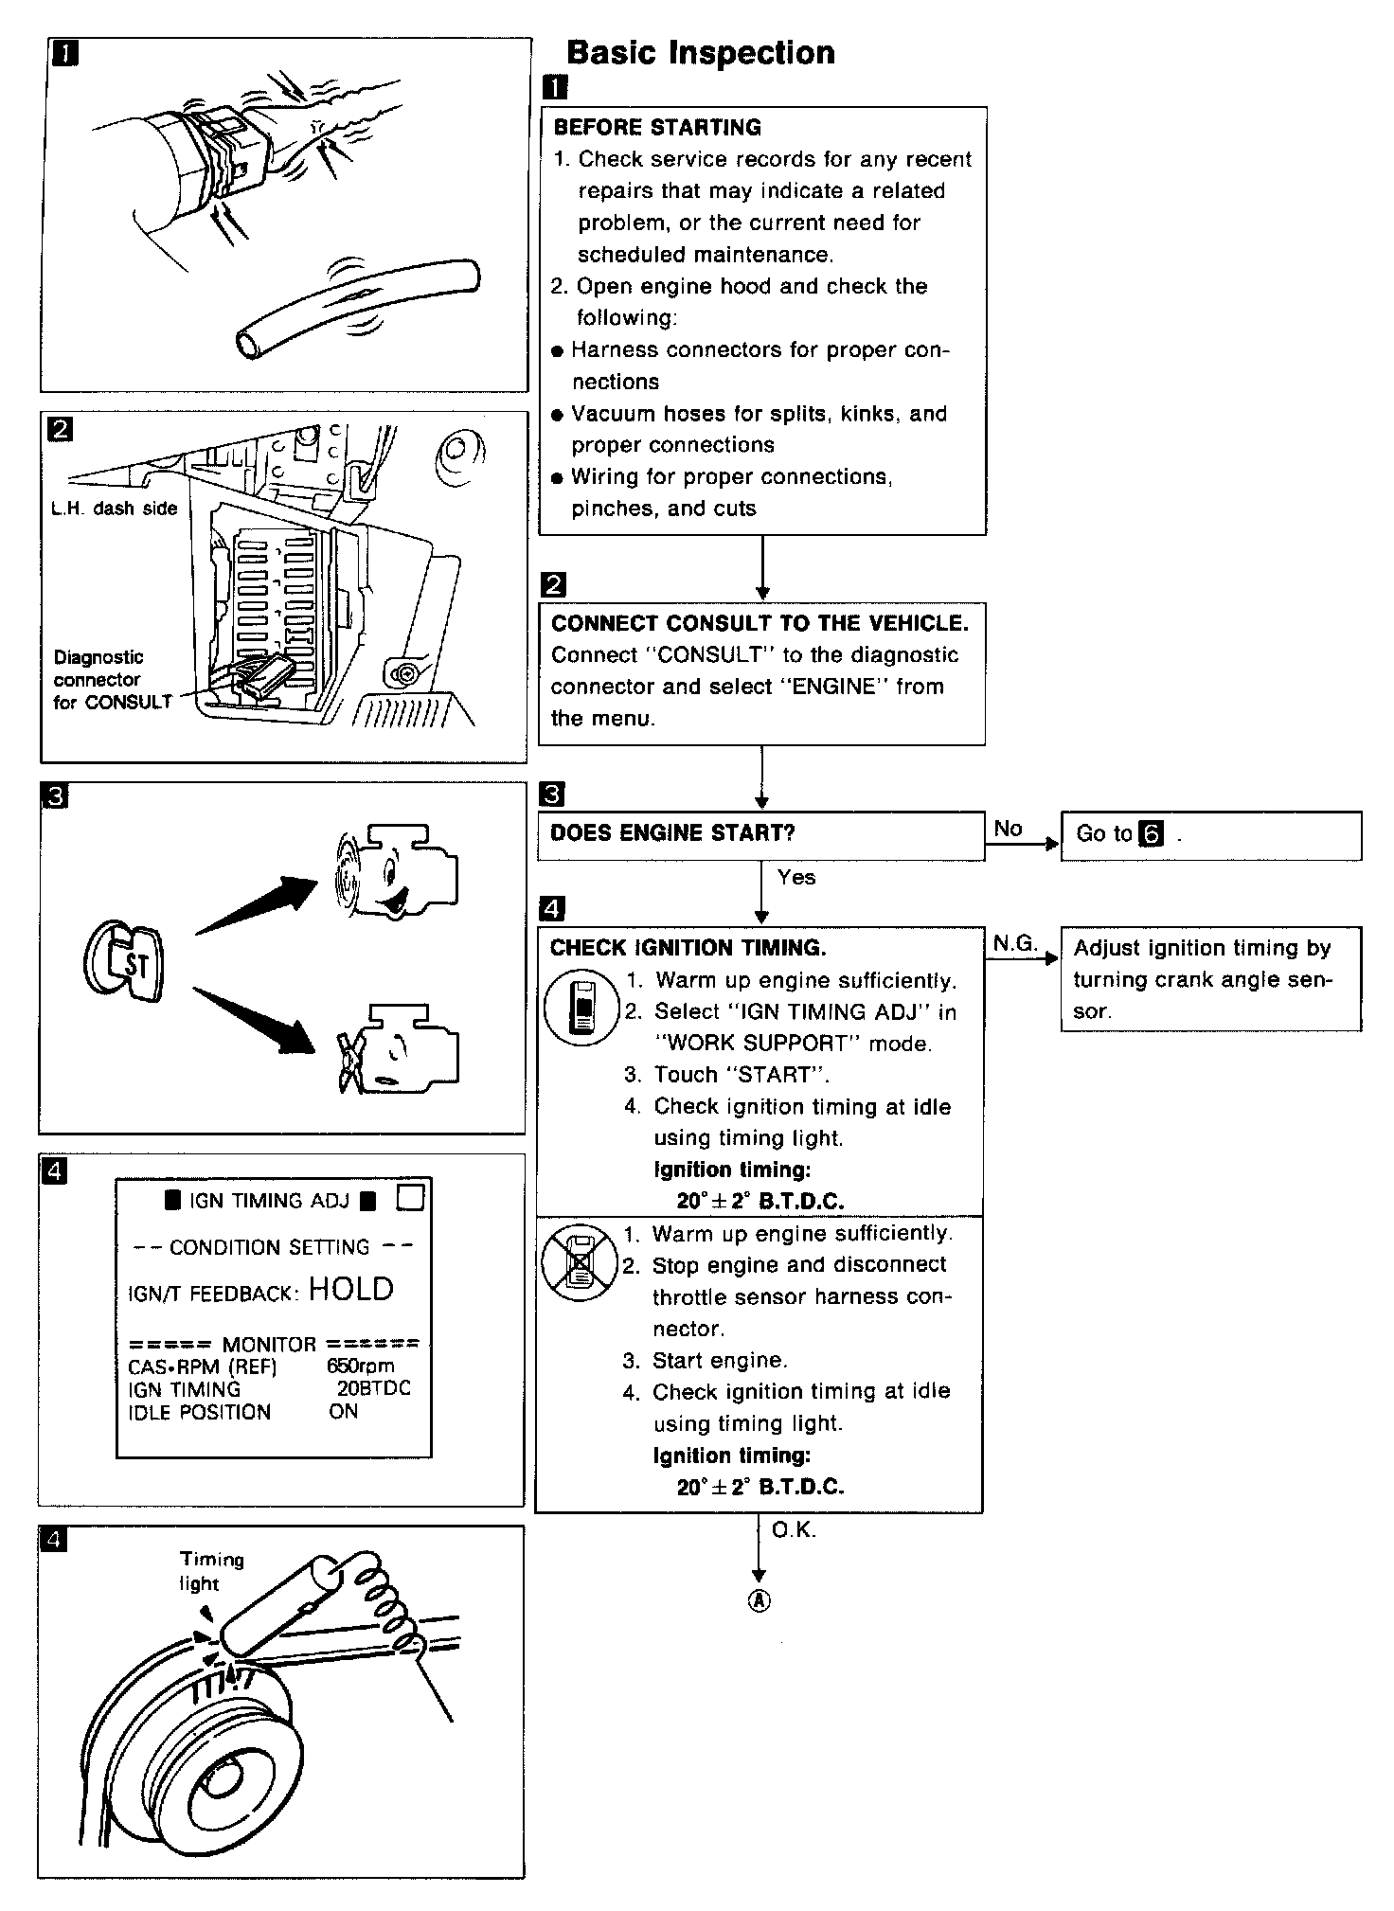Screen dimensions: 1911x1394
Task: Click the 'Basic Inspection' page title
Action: pos(700,52)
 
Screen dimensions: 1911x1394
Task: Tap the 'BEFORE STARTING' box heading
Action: pos(656,128)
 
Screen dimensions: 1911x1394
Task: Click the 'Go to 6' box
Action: pos(1209,834)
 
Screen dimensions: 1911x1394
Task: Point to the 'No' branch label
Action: pos(1008,829)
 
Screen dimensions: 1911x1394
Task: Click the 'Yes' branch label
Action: pos(795,878)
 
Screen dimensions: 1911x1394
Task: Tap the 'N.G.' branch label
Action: pos(1015,943)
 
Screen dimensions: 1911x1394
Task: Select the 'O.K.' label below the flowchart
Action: pos(794,1530)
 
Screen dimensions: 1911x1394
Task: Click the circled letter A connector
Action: pos(760,1600)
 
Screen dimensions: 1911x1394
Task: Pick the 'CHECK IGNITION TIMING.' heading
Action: pos(688,948)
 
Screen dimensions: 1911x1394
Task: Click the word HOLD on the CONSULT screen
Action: pos(350,1289)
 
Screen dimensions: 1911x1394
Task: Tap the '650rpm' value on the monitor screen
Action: pos(360,1366)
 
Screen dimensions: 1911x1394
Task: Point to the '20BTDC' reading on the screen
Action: pos(373,1388)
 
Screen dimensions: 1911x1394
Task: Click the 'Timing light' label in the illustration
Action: pos(211,1571)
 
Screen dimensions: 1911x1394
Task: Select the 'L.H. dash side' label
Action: pos(114,509)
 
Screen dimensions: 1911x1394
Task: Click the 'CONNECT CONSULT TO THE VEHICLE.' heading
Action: pos(760,623)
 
